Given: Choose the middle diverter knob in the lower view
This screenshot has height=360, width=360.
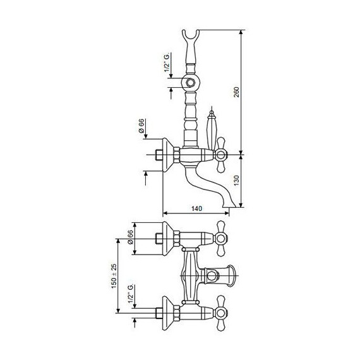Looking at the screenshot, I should tap(224, 275).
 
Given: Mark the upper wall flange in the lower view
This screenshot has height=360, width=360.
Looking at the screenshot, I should tap(169, 239).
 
